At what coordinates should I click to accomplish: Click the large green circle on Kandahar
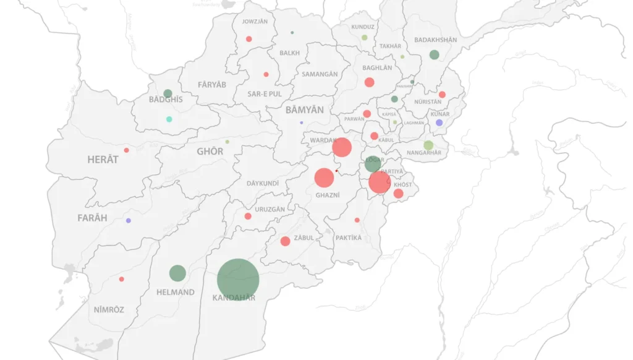click(238, 280)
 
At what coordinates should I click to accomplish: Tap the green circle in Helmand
click(177, 273)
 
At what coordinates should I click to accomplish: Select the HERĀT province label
click(103, 160)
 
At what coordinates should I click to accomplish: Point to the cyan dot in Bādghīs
click(169, 119)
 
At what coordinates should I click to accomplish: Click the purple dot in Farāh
click(129, 221)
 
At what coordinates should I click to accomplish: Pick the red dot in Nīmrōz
click(121, 279)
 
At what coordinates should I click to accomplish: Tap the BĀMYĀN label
click(304, 110)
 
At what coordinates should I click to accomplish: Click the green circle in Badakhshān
click(434, 54)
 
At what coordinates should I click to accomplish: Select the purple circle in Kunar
click(439, 122)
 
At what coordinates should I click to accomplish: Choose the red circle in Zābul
click(285, 241)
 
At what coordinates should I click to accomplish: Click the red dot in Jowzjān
click(249, 39)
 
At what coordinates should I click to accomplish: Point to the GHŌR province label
click(210, 152)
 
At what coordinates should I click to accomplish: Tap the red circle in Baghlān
click(369, 82)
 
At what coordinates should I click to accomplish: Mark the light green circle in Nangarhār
click(428, 145)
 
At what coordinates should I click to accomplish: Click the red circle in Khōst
click(398, 194)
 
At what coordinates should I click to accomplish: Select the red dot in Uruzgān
click(248, 216)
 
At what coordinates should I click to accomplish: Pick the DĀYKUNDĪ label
click(263, 184)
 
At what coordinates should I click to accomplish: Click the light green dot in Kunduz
click(365, 38)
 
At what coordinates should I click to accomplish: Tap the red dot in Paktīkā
click(357, 220)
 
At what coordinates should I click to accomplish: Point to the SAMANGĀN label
click(320, 74)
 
